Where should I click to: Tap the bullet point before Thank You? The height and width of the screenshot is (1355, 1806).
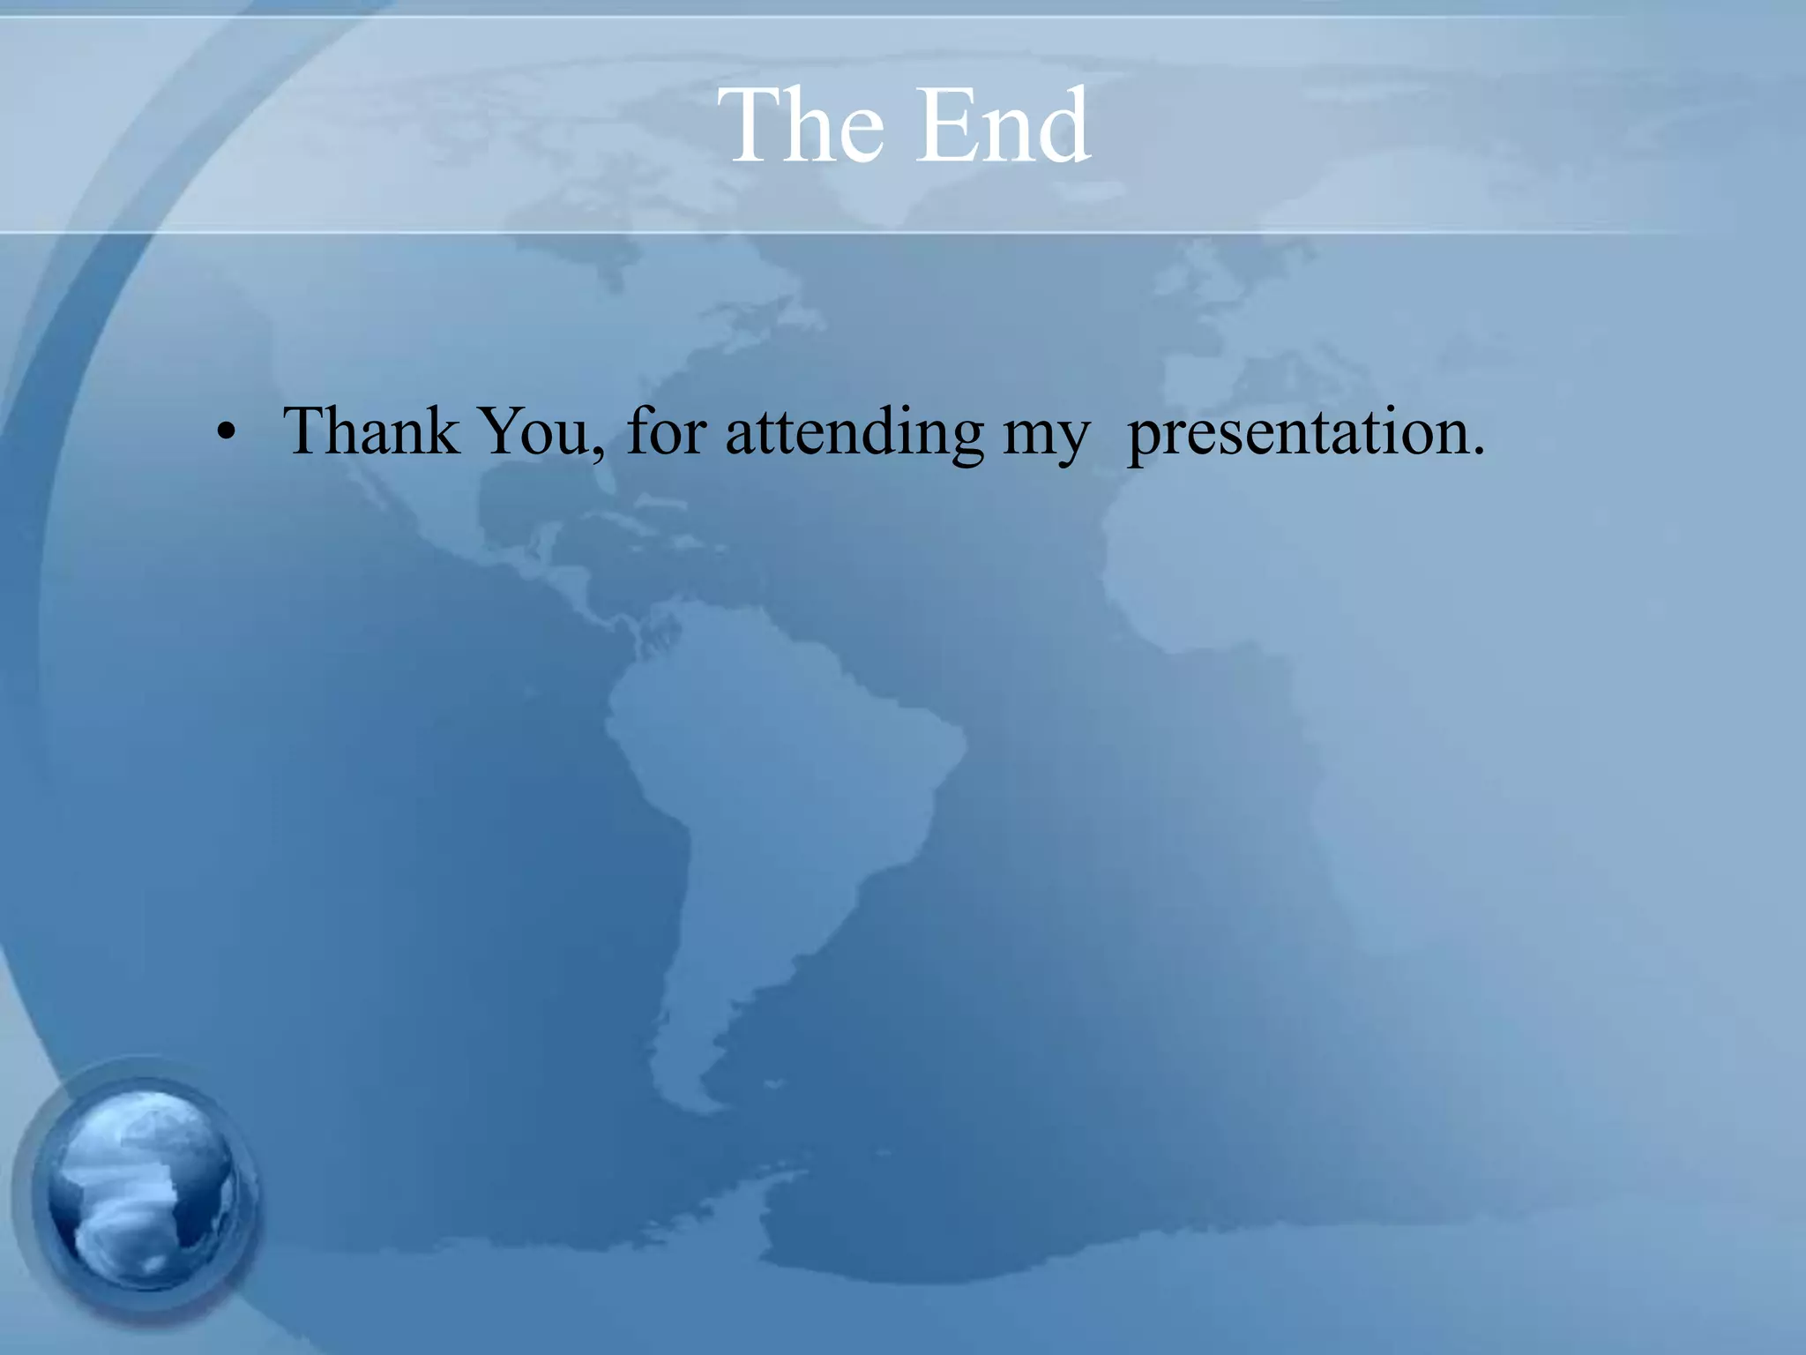(227, 433)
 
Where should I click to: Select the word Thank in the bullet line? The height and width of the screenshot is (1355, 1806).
(370, 431)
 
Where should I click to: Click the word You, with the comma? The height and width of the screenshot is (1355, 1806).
(541, 431)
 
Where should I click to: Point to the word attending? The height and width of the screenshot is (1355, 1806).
(854, 431)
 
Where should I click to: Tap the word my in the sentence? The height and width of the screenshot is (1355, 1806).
(1046, 437)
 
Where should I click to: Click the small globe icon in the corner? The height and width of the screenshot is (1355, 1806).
(141, 1191)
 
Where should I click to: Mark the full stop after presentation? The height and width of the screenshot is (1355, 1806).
(1478, 453)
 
